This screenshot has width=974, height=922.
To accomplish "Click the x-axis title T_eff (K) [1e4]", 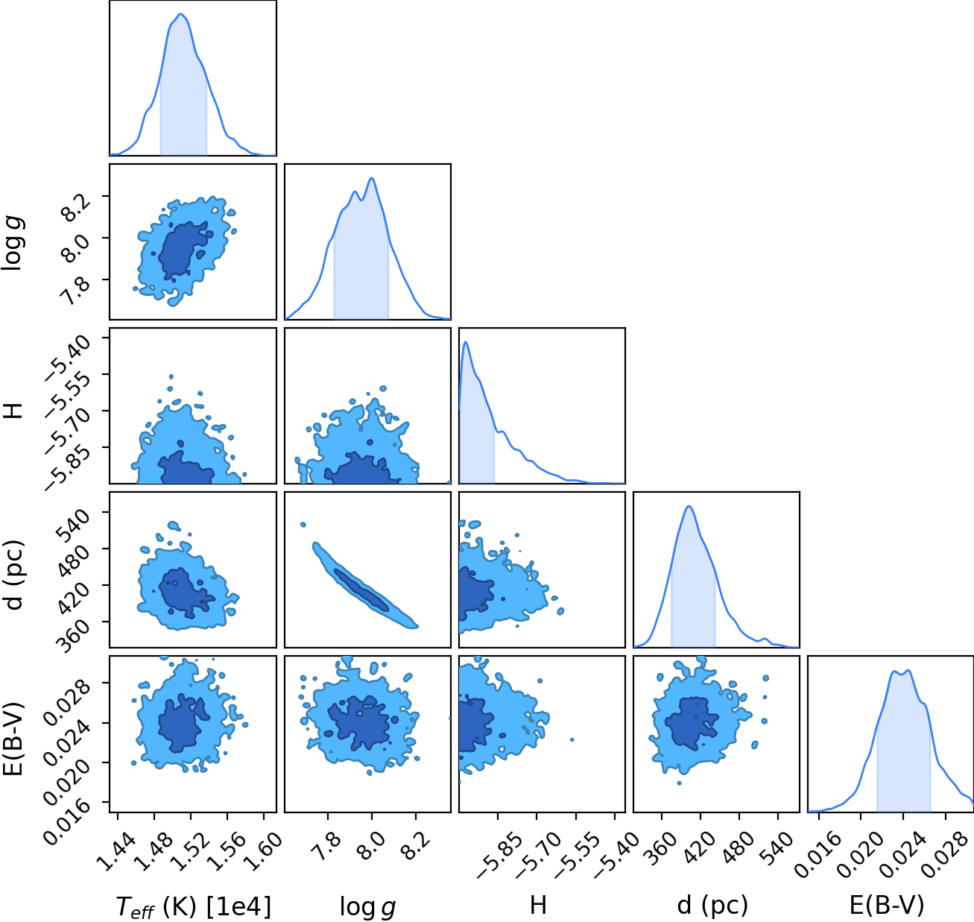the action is click(x=193, y=906).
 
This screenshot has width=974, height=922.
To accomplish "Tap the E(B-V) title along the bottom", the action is click(x=887, y=905).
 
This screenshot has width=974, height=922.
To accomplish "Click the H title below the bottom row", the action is click(x=538, y=905).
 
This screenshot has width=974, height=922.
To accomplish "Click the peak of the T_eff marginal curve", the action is click(x=181, y=14).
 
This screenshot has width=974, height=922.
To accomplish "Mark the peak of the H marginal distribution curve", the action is click(x=466, y=342).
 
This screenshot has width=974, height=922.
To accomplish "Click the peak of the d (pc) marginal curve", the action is click(x=689, y=506).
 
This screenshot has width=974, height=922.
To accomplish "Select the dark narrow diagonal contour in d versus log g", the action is click(x=361, y=589).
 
